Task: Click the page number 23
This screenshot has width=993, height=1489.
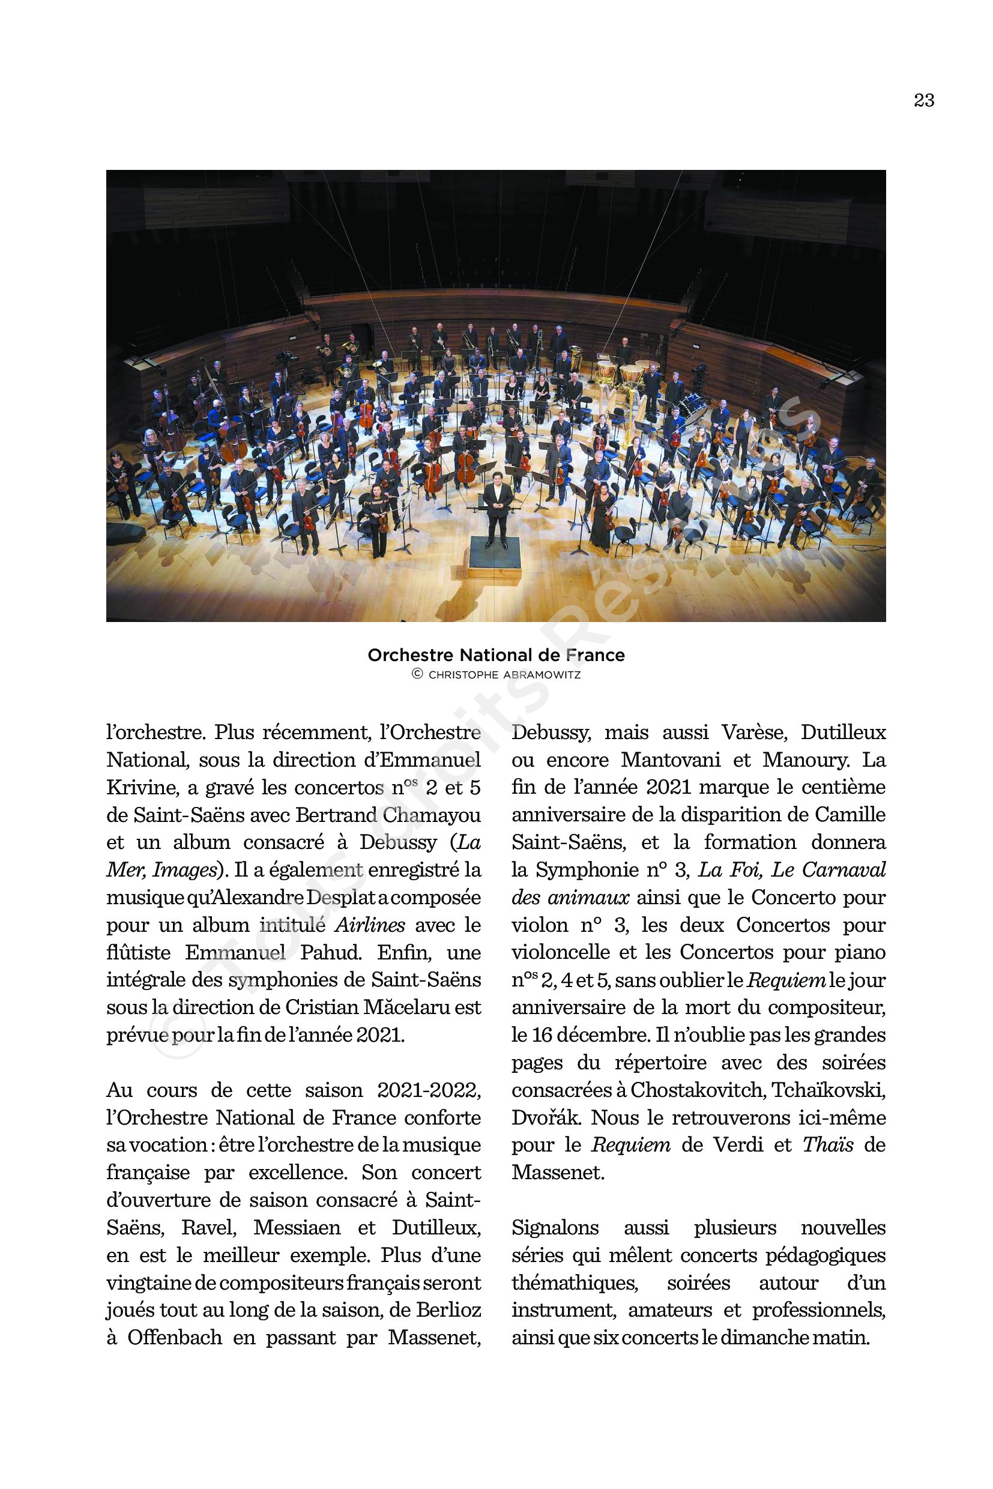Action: tap(923, 101)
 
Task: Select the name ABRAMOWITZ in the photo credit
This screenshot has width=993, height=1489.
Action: tap(542, 675)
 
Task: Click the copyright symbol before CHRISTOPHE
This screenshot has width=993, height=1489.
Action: tap(417, 674)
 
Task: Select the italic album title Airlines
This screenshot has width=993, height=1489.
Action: tap(369, 925)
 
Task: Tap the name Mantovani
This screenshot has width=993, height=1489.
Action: tap(671, 760)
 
